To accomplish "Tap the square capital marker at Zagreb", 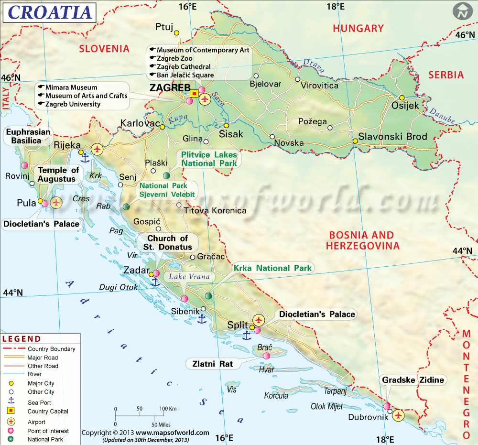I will click(x=194, y=94).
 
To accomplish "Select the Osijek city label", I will click(x=405, y=106).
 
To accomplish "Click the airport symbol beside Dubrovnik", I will click(x=398, y=415).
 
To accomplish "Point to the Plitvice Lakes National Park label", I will click(x=208, y=159).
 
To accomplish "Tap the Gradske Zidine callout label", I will click(x=413, y=380).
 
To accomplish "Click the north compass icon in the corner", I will click(x=462, y=11).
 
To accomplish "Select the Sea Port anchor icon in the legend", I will click(x=11, y=402).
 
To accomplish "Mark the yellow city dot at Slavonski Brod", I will click(x=355, y=141).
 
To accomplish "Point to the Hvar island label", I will click(x=266, y=369).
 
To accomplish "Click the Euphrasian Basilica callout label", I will click(x=28, y=136).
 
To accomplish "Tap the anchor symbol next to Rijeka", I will click(x=85, y=157).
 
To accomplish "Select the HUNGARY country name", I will click(x=358, y=29).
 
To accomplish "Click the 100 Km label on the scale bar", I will click(x=168, y=409).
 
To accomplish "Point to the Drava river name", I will click(x=313, y=65).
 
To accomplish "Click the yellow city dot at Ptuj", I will click(x=176, y=33).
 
